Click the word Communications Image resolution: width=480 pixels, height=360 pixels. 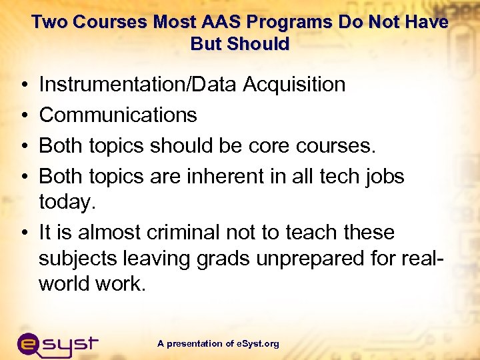(x=118, y=115)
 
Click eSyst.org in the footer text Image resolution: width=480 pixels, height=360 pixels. (x=257, y=344)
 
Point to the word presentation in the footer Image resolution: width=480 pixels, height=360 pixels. (x=195, y=344)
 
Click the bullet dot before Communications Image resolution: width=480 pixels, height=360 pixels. (x=23, y=115)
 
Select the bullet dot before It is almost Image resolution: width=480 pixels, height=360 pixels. (x=23, y=233)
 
